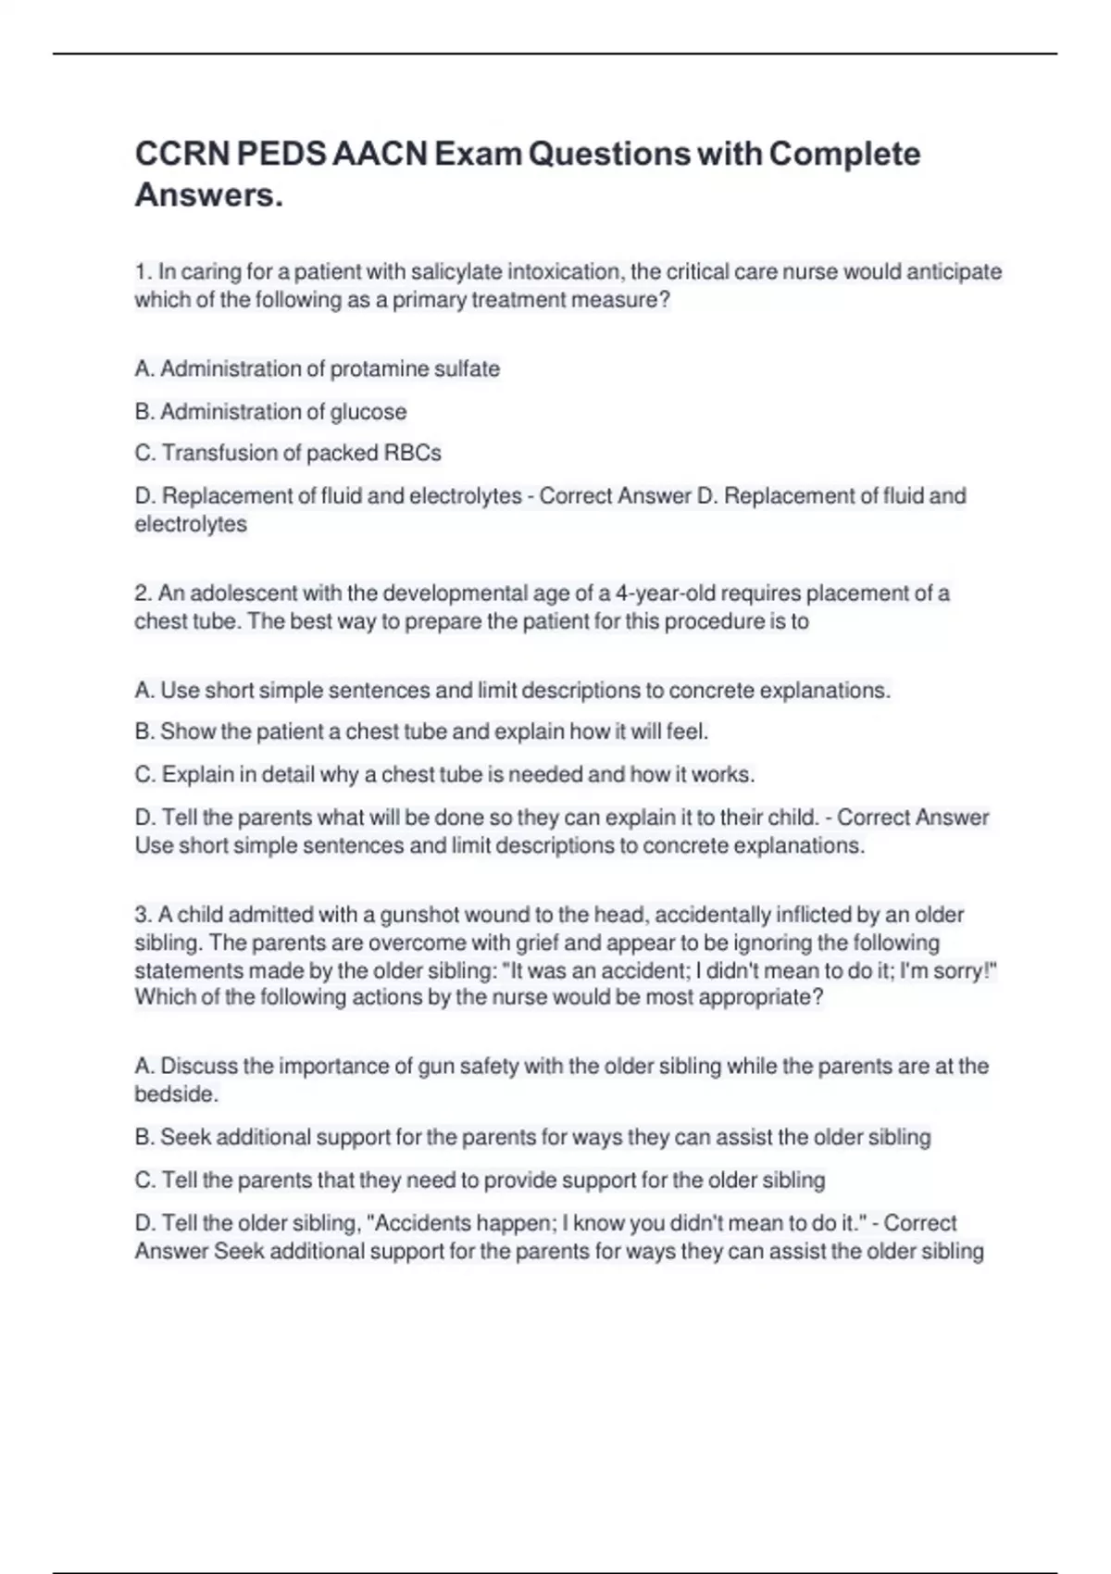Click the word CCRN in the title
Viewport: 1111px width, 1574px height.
[x=182, y=154]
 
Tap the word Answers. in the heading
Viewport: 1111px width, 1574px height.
[x=209, y=195]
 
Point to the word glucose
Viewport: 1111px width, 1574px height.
[x=368, y=412]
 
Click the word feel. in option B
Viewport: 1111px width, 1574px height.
[x=688, y=732]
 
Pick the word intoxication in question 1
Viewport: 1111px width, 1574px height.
[x=564, y=272]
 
